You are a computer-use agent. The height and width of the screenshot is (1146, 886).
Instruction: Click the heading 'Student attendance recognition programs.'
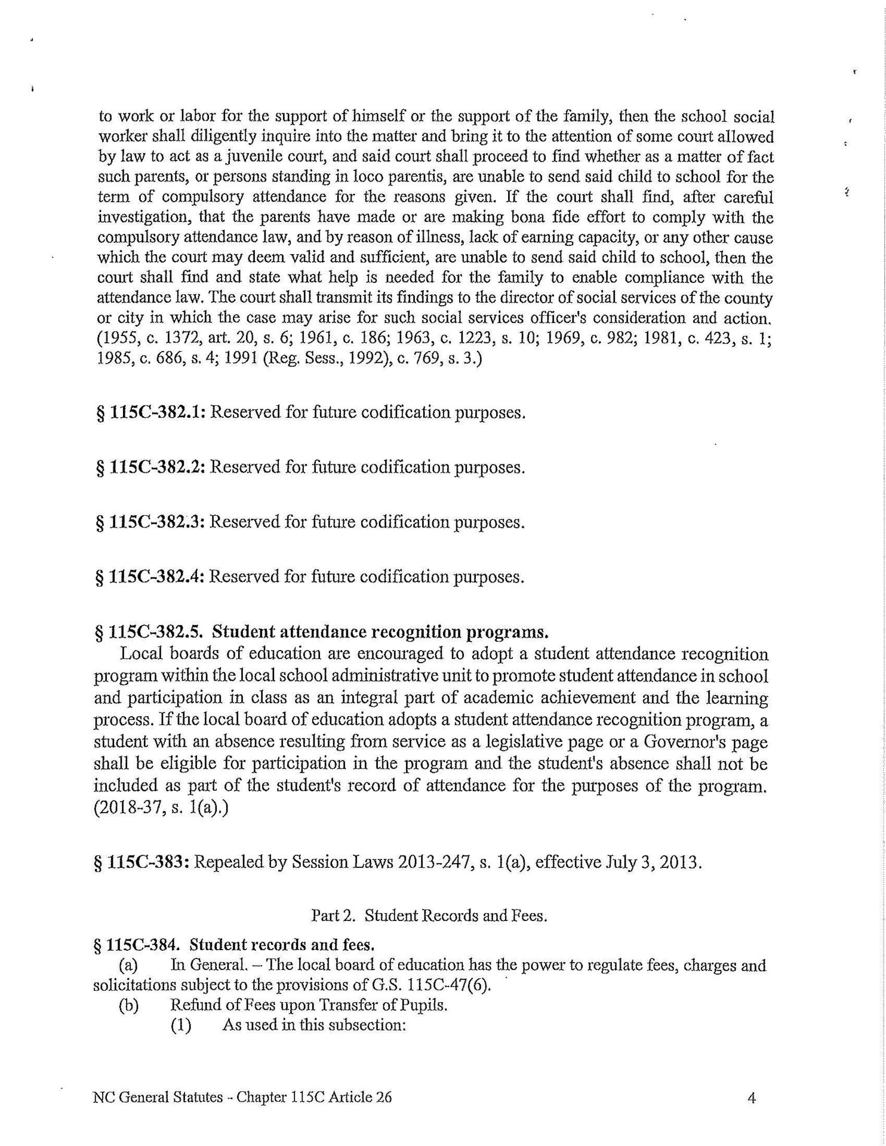[380, 631]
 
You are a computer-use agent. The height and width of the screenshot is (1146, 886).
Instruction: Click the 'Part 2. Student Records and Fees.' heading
[429, 916]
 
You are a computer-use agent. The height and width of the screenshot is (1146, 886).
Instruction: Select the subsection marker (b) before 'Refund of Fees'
[129, 1005]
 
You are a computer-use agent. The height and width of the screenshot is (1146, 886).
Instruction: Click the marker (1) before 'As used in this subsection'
[180, 1025]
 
